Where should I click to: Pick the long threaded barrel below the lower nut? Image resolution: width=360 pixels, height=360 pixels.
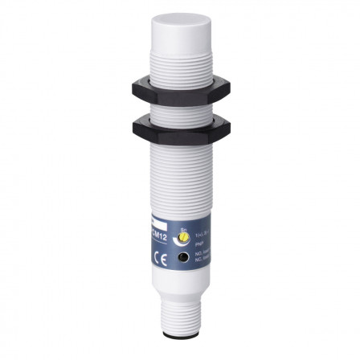[x=178, y=177]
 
